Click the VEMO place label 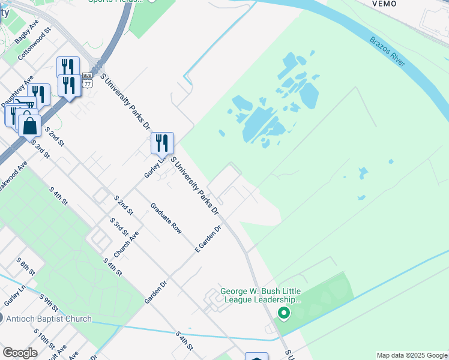coord(384,4)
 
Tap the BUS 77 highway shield coord(88,80)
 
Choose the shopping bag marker coord(30,126)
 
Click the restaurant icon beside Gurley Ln coord(162,143)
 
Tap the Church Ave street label coord(127,245)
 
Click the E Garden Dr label coord(208,238)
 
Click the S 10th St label coord(44,340)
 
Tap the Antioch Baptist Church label coord(49,319)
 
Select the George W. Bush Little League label coord(260,296)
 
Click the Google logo coord(20,353)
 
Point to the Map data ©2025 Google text coord(412,355)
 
